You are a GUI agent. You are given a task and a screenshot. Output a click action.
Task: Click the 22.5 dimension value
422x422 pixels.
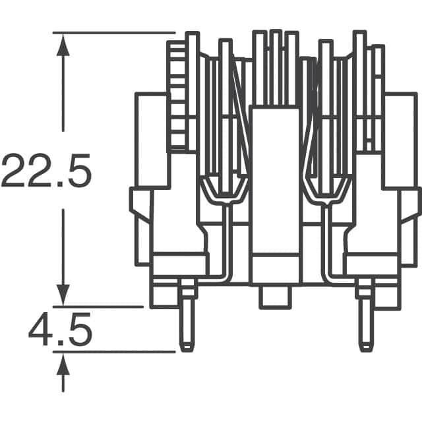pos(45,171)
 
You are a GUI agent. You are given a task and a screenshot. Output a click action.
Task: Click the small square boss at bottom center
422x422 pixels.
pos(274,297)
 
